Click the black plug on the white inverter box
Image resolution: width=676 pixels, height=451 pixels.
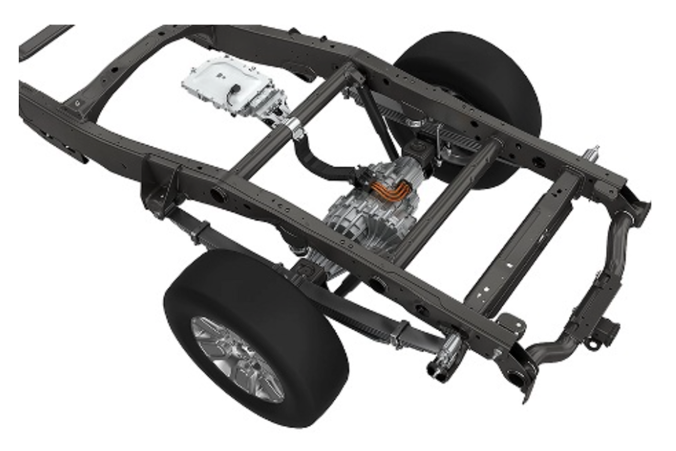click(235, 89)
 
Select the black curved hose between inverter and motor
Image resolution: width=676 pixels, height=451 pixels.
click(319, 158)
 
